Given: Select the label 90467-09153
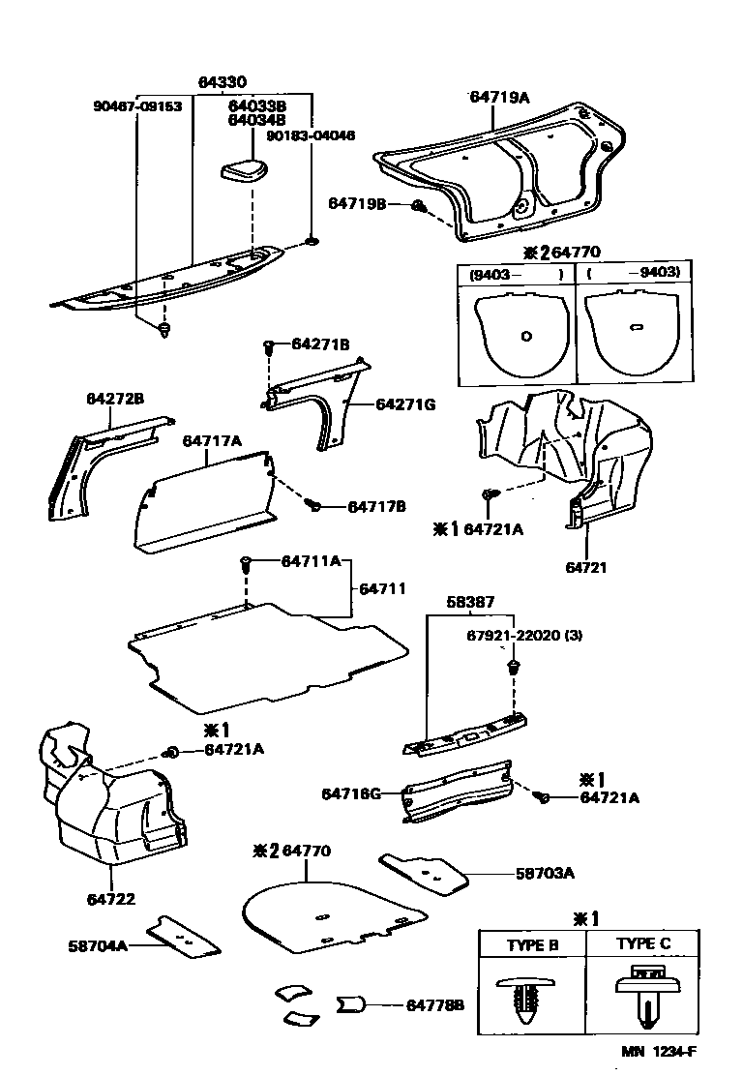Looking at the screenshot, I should point(138,106).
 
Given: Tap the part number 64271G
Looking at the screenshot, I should point(405,404).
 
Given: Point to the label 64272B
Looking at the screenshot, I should point(115,399).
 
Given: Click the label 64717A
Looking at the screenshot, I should point(212,441).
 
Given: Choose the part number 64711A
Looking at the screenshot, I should point(311,562).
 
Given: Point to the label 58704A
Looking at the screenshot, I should point(98,946).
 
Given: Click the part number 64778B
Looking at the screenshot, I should point(434,1005).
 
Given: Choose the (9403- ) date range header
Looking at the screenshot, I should point(516,274).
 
